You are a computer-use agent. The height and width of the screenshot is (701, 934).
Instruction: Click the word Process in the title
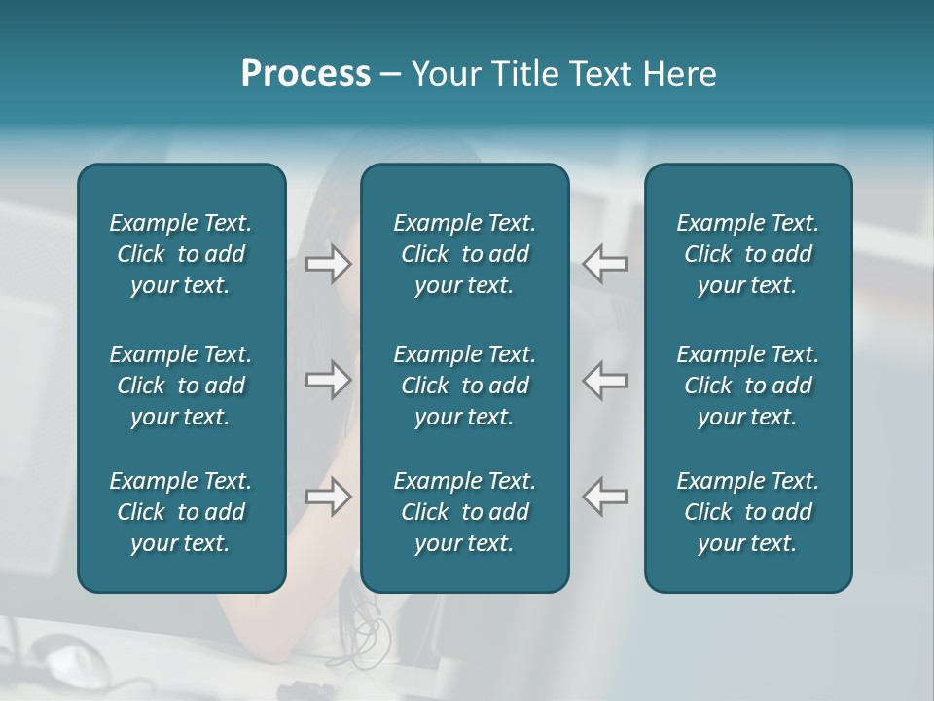coord(305,74)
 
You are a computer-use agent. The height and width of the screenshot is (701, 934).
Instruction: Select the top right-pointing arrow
coord(329,264)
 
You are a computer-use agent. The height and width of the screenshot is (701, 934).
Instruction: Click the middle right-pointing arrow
coord(329,380)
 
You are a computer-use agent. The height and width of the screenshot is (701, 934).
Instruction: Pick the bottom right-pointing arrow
coord(329,497)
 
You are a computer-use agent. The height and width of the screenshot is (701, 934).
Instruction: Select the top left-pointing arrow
coord(605,264)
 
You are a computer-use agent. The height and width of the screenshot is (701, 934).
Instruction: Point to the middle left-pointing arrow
coord(605,380)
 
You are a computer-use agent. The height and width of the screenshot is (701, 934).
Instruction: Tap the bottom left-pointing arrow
coord(605,497)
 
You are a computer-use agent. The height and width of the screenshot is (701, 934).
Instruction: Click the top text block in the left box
coord(181,254)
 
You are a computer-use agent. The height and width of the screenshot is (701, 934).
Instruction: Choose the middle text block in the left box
coord(181,386)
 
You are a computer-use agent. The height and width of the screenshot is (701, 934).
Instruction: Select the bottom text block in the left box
coord(181,512)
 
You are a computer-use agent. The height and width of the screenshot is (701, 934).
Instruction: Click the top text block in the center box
coord(465,254)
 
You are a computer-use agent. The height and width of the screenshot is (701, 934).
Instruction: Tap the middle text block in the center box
coord(465,386)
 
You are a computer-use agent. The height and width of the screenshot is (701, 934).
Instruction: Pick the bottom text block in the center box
coord(465,512)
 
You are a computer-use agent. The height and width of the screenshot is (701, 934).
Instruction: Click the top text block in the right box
coord(748,254)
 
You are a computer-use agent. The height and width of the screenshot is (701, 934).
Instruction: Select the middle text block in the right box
coord(748,386)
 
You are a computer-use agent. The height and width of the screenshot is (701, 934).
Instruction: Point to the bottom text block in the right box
coord(748,512)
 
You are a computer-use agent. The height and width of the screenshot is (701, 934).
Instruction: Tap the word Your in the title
coord(444,74)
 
